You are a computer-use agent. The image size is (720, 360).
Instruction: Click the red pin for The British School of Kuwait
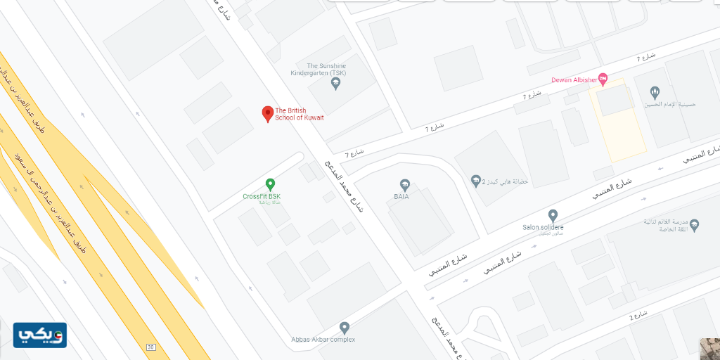[267, 113]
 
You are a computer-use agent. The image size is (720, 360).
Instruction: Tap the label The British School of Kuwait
[300, 114]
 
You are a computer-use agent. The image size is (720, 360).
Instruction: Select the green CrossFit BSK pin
[270, 184]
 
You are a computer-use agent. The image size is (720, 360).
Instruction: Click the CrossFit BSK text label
[262, 196]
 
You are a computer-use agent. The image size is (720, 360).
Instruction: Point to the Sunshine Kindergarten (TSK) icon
[335, 84]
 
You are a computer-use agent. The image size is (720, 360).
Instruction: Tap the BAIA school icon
[404, 186]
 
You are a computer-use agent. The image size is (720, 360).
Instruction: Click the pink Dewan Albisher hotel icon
[603, 78]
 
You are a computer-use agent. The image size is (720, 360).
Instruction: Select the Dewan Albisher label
[574, 80]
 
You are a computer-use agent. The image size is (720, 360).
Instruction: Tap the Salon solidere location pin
[553, 215]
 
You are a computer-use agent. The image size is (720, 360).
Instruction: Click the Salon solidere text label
[543, 227]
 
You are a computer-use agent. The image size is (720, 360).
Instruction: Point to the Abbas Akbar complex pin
[344, 327]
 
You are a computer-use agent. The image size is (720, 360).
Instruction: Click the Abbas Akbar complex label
[323, 340]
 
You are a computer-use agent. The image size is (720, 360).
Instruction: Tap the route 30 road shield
[150, 347]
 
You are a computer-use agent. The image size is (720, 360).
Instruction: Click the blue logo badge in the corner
[39, 335]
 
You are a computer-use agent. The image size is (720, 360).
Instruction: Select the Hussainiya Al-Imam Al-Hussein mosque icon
[655, 92]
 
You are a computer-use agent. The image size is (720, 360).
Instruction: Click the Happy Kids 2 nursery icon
[477, 181]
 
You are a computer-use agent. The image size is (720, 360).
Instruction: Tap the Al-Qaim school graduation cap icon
[694, 225]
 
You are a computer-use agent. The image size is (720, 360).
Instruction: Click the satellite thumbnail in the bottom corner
[709, 349]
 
